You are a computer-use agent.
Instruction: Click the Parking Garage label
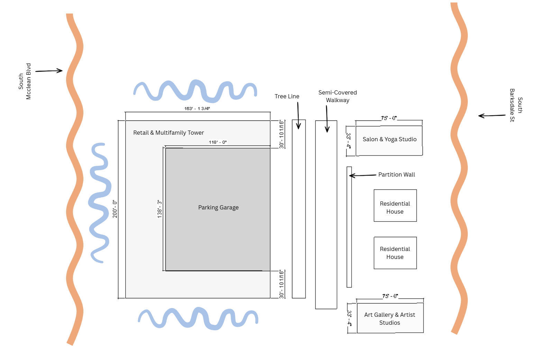tap(218, 207)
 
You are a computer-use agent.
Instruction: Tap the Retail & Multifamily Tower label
tap(168, 133)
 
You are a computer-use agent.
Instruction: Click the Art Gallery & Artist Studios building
tap(390, 318)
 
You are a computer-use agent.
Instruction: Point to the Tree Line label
tap(287, 96)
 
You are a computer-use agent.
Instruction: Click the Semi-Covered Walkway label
tap(337, 96)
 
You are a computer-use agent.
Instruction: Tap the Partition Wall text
tap(396, 174)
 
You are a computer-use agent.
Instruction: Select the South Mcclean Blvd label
tap(25, 81)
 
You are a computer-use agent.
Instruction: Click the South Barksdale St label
tap(516, 105)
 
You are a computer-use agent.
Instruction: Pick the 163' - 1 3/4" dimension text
tap(197, 109)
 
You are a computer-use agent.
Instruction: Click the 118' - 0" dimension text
tap(218, 142)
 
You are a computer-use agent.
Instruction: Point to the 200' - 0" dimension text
tap(115, 209)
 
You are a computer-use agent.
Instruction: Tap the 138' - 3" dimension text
tap(159, 208)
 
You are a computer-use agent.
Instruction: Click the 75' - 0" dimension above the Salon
tap(389, 118)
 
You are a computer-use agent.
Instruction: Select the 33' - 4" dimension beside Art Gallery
tap(349, 318)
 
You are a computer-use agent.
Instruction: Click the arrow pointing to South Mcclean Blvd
tap(49, 71)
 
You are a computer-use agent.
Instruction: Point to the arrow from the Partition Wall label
tap(363, 175)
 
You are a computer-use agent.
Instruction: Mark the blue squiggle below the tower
tap(198, 318)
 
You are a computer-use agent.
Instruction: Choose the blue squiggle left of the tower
tap(100, 202)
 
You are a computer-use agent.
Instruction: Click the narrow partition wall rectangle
tap(349, 227)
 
